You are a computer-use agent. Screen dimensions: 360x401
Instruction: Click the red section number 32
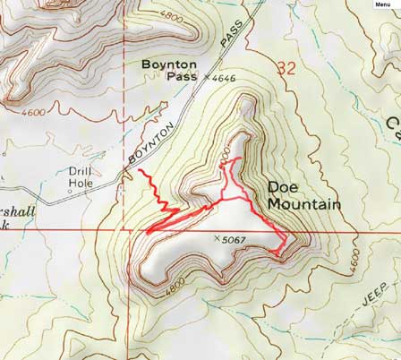click(x=286, y=67)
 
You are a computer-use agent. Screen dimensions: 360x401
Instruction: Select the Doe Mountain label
click(x=303, y=196)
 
